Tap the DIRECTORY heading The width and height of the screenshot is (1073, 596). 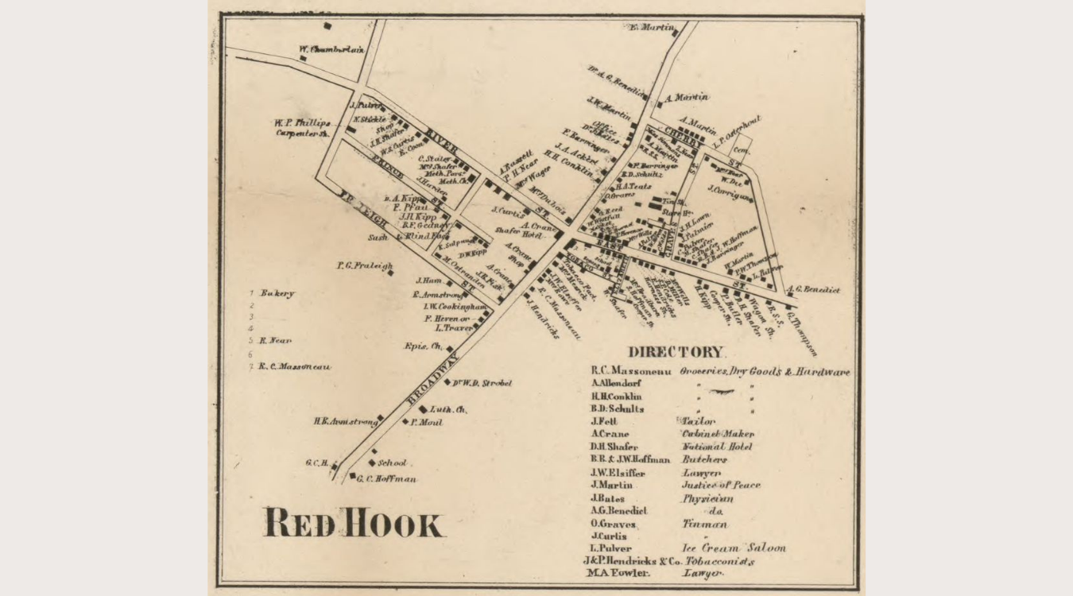click(676, 352)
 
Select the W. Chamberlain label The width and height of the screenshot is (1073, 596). click(331, 49)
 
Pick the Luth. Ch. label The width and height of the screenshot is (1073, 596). click(448, 409)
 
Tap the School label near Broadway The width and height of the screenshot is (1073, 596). click(392, 462)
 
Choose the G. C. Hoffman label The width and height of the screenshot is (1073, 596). click(386, 479)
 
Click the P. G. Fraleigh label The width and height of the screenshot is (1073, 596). click(364, 266)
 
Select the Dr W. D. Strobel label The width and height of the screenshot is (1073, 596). click(482, 383)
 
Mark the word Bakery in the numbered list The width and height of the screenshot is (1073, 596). click(277, 293)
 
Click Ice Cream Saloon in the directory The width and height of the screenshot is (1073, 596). click(734, 548)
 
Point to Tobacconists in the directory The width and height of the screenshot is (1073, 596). click(719, 561)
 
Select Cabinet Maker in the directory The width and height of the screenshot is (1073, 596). click(718, 434)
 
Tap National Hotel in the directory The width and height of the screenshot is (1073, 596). click(718, 447)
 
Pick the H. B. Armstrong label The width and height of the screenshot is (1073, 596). click(344, 422)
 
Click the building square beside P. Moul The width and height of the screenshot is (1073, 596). click(405, 422)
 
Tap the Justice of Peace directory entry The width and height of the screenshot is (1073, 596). click(720, 485)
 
